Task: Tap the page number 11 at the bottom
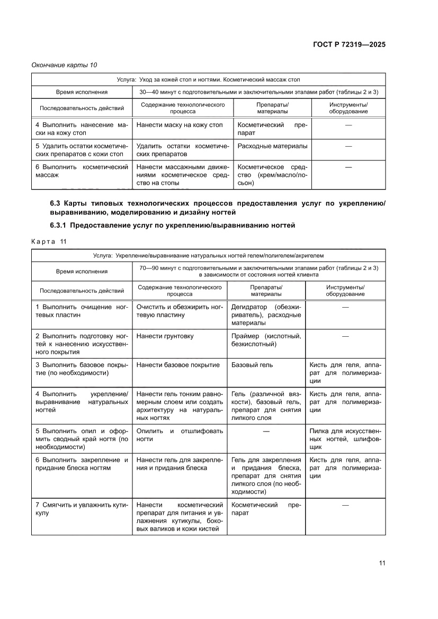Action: [381, 563]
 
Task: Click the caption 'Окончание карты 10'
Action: [65, 65]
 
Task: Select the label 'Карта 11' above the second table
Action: [50, 241]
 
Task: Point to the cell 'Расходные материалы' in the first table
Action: [272, 146]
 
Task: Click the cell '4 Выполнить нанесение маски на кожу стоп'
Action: [82, 129]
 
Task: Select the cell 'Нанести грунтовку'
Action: [165, 336]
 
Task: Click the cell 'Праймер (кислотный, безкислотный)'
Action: [266, 340]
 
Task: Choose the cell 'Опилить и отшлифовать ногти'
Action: [180, 435]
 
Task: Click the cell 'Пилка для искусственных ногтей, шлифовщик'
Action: [345, 439]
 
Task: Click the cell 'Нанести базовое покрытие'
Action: [177, 365]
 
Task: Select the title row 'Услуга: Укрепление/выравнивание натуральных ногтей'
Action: [208, 255]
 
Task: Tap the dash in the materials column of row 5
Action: [266, 431]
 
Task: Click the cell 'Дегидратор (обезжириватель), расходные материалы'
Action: [266, 315]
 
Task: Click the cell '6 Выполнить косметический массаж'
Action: [82, 171]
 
